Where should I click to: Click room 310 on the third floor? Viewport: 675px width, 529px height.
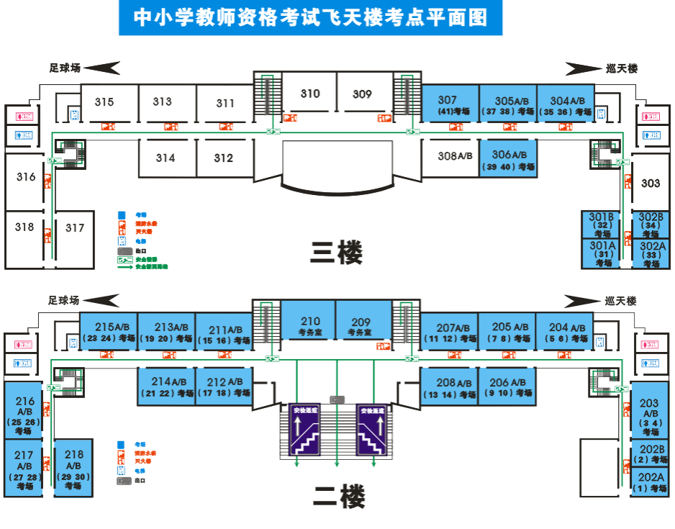(x=310, y=94)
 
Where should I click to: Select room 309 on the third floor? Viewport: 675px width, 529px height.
(x=363, y=94)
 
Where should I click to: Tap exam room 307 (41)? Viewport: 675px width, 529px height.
(x=450, y=105)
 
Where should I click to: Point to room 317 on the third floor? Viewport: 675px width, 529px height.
(x=75, y=229)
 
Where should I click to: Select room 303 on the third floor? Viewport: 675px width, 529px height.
(x=651, y=184)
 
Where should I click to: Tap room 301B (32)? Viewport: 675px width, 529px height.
(x=602, y=225)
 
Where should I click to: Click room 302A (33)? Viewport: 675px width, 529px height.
(x=652, y=254)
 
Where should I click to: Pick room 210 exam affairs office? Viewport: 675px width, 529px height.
(x=309, y=327)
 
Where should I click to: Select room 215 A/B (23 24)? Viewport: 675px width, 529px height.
(x=107, y=332)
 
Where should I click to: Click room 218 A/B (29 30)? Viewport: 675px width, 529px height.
(x=73, y=469)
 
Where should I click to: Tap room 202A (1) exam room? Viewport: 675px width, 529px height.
(x=651, y=482)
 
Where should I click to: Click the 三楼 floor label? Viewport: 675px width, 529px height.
(x=336, y=253)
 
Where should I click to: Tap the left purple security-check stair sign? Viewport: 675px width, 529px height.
(x=304, y=430)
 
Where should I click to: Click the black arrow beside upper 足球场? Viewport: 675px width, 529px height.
(x=102, y=68)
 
